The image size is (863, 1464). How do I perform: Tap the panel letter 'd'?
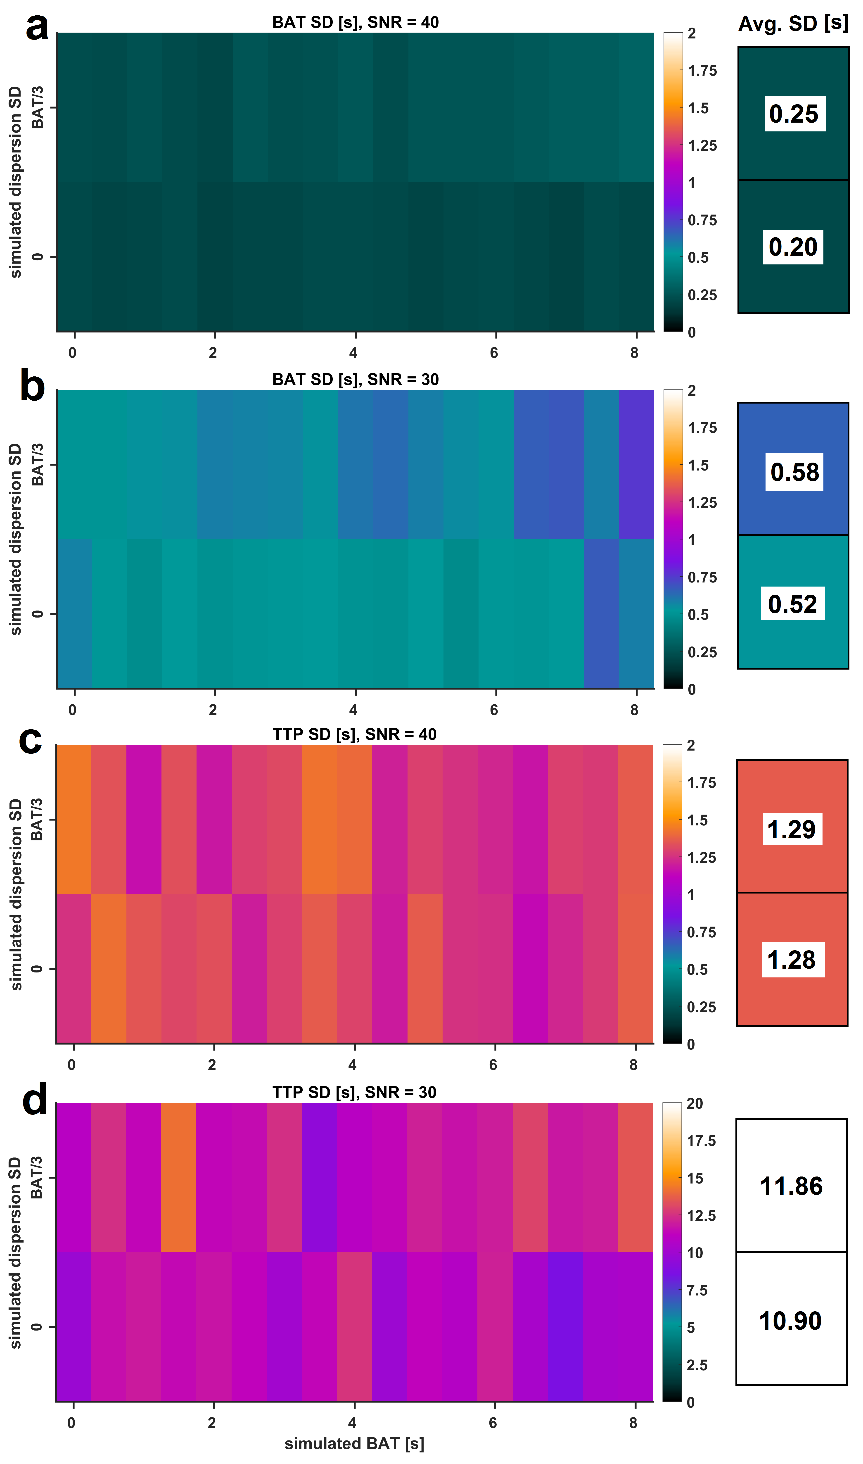point(35,1100)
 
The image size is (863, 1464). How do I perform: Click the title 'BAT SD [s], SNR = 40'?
point(355,22)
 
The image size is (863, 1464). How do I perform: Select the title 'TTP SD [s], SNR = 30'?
point(354,1092)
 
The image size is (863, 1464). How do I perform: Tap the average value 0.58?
point(794,472)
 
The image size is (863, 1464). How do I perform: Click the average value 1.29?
point(792,829)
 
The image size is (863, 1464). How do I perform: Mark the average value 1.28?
point(792,960)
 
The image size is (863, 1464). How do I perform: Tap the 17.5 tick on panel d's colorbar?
point(701,1141)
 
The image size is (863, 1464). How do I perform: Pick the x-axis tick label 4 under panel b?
point(353,710)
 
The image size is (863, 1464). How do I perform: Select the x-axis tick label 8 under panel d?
point(633,1423)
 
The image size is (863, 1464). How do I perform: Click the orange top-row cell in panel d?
point(178,1177)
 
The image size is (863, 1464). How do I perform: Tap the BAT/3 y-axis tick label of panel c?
point(37,820)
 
